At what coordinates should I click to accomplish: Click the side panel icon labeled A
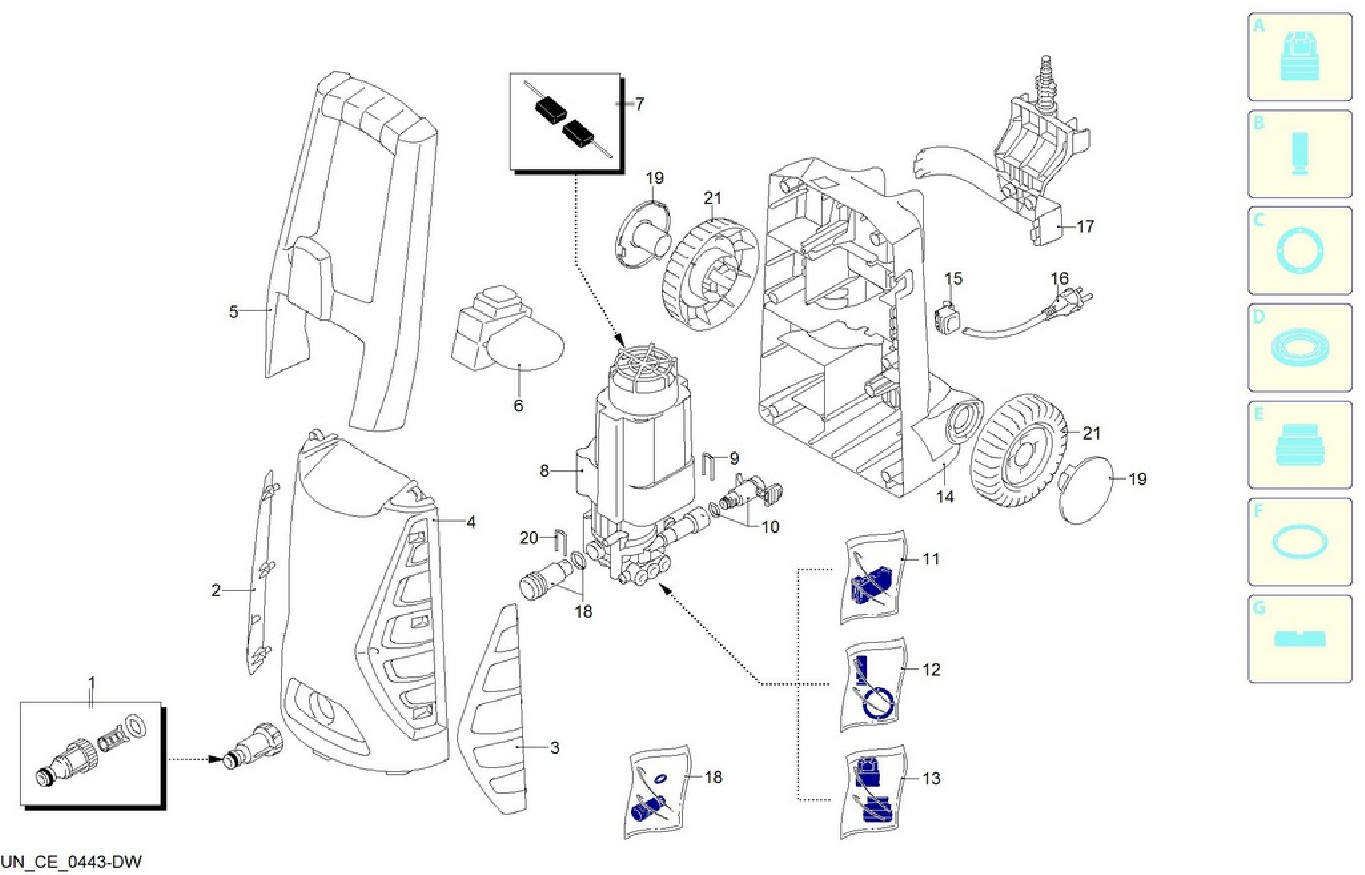(x=1299, y=58)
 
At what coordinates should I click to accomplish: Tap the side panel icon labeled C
(x=1299, y=250)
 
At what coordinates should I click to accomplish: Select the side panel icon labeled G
(x=1299, y=639)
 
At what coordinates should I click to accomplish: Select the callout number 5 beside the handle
(x=233, y=312)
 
